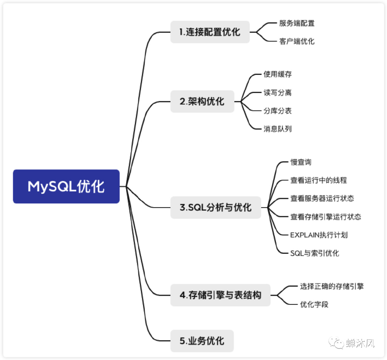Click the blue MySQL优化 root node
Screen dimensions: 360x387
(x=66, y=186)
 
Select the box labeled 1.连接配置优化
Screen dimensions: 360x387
(x=210, y=32)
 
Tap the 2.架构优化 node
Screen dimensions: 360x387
(x=202, y=101)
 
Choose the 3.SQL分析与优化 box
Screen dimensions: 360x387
(x=215, y=207)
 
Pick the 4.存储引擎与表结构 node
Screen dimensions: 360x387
(x=220, y=295)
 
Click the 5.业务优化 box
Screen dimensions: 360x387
(x=202, y=341)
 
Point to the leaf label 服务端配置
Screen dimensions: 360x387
(x=297, y=23)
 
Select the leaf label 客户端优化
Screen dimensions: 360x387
(x=297, y=41)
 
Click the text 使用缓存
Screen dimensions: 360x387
(x=277, y=74)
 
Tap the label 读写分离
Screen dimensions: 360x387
(x=277, y=92)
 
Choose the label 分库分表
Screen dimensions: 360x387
(x=277, y=111)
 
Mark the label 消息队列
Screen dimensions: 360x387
(x=277, y=129)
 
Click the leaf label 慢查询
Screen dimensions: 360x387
(x=301, y=162)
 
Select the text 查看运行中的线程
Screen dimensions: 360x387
(x=318, y=180)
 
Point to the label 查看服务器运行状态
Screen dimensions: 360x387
(x=322, y=199)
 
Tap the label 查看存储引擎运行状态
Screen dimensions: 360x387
(x=325, y=217)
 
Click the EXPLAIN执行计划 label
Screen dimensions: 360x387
(x=319, y=235)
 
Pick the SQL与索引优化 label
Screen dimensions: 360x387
(x=314, y=253)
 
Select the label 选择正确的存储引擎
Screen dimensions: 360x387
(x=332, y=286)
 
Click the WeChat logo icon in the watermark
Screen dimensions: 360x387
(x=334, y=343)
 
